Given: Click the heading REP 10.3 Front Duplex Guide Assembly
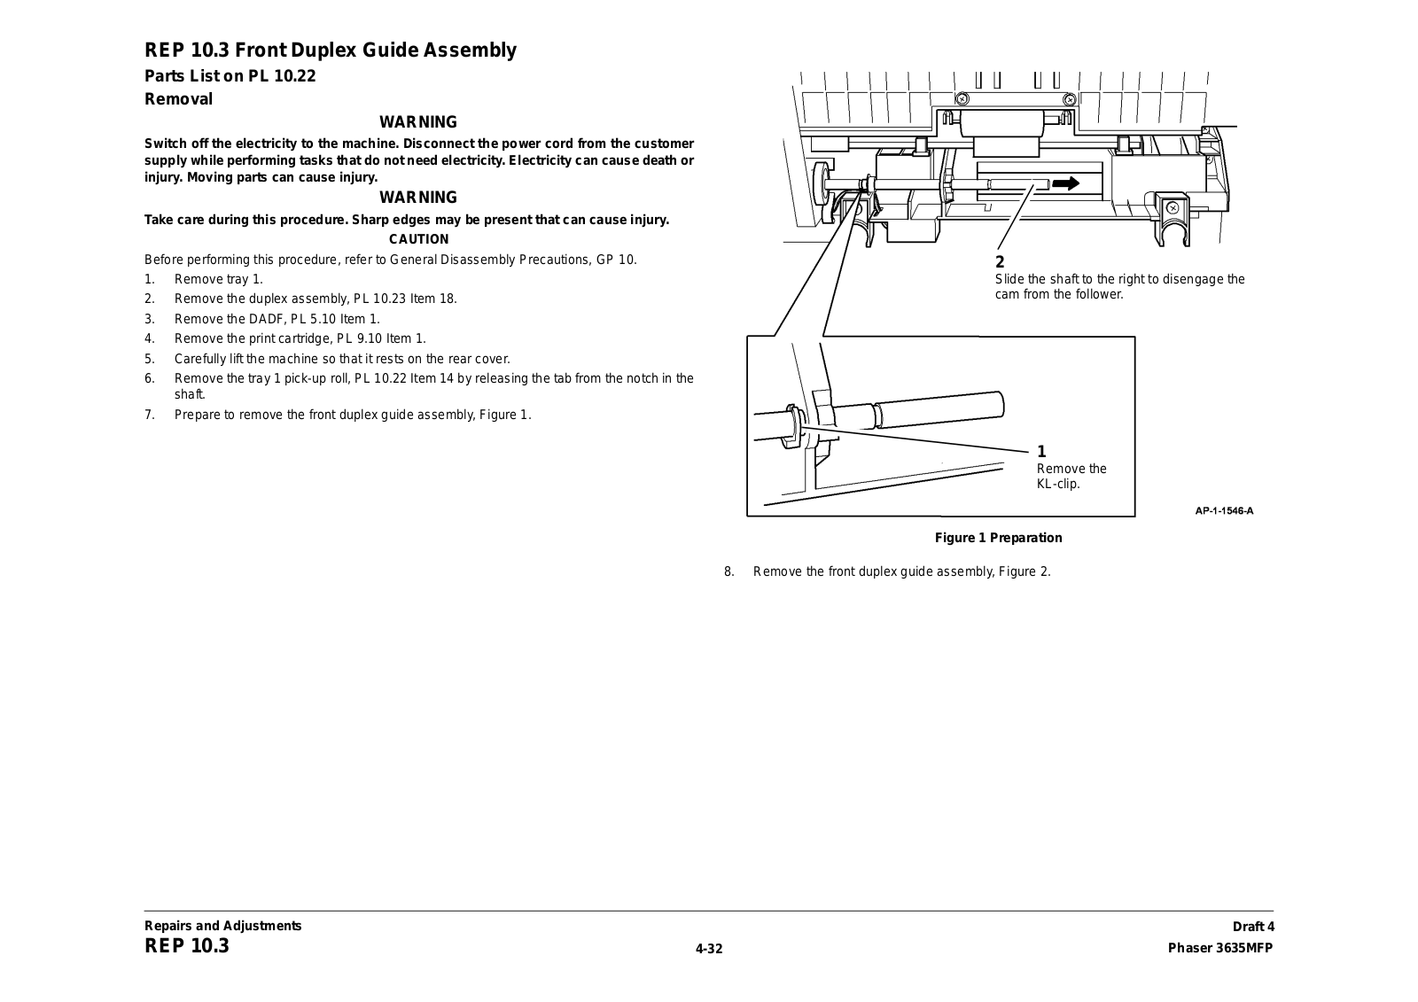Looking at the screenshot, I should [x=331, y=50].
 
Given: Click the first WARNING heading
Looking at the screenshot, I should [x=418, y=122].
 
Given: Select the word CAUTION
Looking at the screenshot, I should [x=419, y=239].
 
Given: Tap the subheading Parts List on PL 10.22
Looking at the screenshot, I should [x=230, y=76].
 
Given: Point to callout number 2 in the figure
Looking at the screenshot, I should [x=1001, y=262].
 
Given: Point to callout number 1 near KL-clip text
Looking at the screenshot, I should [x=1042, y=452].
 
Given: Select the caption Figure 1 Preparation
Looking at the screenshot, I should [x=998, y=538].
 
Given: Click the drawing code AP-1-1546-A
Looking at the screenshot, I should [x=1224, y=510].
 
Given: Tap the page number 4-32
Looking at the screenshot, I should [x=709, y=949].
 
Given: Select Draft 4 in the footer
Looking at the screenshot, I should [x=1252, y=927].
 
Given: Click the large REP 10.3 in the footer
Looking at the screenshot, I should [x=187, y=946].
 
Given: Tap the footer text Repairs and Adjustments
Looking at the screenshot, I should [x=223, y=926].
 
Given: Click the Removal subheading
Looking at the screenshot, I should [x=179, y=99].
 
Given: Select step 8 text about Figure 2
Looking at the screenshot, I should [x=901, y=571].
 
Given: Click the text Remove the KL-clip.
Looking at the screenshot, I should [x=1071, y=476].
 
